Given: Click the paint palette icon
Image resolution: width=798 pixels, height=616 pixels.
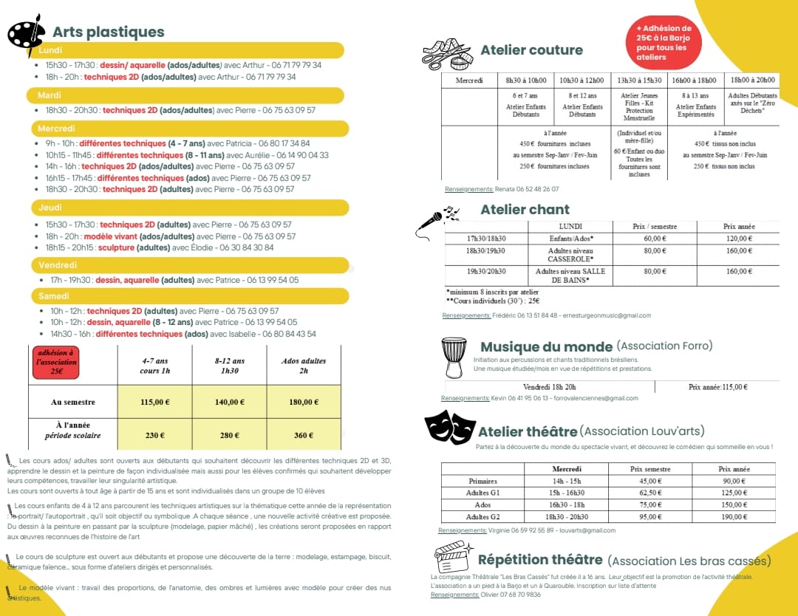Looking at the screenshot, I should [26, 34].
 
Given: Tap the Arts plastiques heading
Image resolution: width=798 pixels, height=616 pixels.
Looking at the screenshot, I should [108, 32].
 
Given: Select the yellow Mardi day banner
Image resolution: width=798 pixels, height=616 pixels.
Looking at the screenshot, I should [185, 95].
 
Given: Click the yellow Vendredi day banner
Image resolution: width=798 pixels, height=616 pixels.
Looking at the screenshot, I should [188, 264].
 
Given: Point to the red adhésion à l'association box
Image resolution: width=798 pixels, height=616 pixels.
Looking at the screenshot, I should [55, 362].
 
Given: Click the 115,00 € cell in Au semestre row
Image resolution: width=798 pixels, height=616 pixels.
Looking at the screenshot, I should [154, 403].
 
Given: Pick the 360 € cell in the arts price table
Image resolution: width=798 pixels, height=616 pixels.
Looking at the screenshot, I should [304, 435].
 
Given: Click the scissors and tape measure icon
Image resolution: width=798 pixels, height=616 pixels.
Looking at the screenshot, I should [447, 54].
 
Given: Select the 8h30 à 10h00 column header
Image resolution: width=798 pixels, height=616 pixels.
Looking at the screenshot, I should [526, 81].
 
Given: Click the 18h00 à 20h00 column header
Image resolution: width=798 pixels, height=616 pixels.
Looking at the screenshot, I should [752, 81].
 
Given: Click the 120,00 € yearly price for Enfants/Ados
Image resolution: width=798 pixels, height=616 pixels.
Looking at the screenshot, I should [739, 239].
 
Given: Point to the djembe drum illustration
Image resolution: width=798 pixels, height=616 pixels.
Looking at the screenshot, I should [453, 357].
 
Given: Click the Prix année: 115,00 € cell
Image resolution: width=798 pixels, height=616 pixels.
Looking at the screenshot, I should [717, 386].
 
